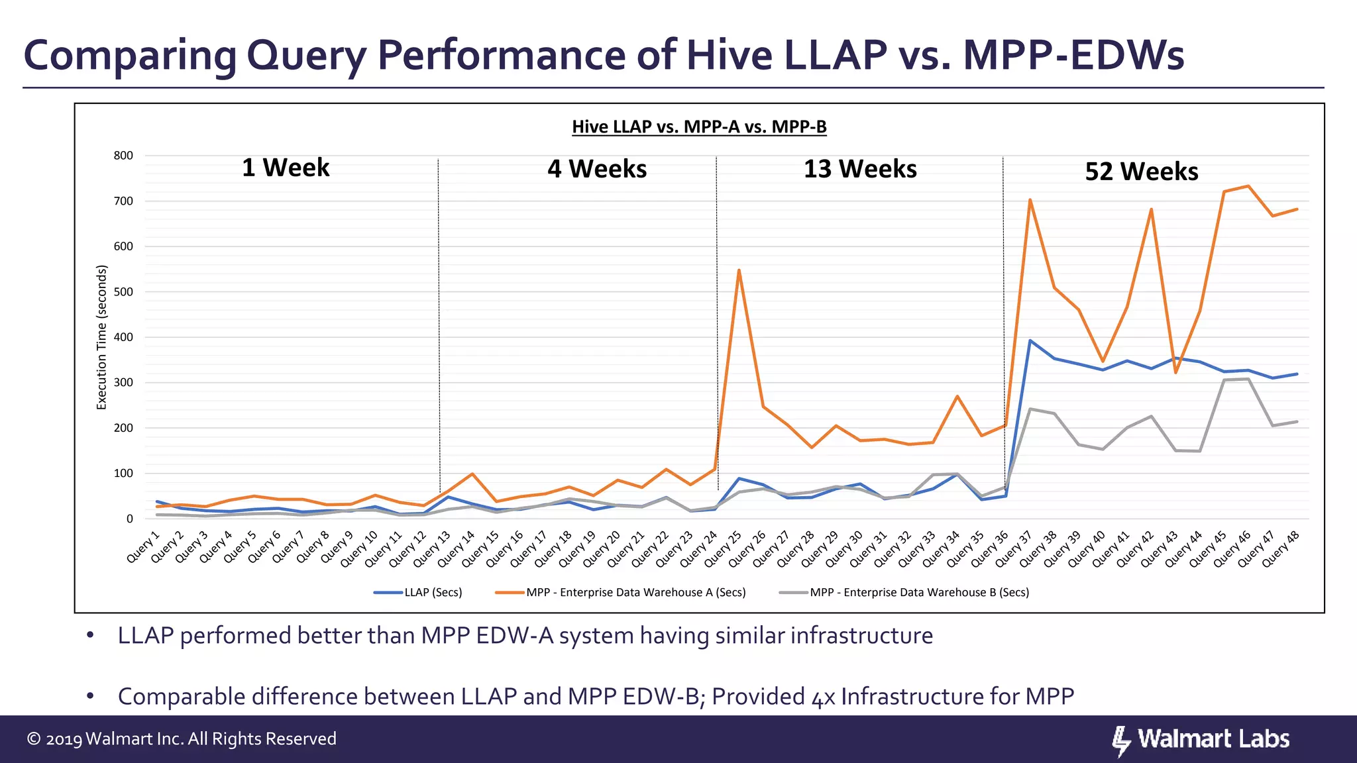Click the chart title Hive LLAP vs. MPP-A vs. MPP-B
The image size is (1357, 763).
[x=699, y=127]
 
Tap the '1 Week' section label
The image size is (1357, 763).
[x=286, y=168]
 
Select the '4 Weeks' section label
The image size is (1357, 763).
[x=597, y=169]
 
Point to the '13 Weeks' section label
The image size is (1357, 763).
[x=860, y=169]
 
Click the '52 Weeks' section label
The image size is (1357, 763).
[x=1142, y=172]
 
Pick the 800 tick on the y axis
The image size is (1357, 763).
[x=123, y=156]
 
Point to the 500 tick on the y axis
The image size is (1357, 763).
[x=123, y=292]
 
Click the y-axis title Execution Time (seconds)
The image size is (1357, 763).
[x=102, y=337]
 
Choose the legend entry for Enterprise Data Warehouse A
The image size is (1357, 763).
[x=620, y=592]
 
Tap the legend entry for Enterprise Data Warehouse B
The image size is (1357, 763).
[x=904, y=592]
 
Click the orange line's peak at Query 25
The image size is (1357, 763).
[x=739, y=270]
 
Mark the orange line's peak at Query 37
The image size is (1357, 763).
[x=1030, y=200]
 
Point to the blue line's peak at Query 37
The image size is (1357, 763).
[x=1030, y=340]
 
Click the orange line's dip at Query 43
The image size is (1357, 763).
[x=1175, y=373]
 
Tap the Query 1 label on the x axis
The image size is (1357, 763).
[x=143, y=546]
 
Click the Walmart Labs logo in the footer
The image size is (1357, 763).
[x=1201, y=740]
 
